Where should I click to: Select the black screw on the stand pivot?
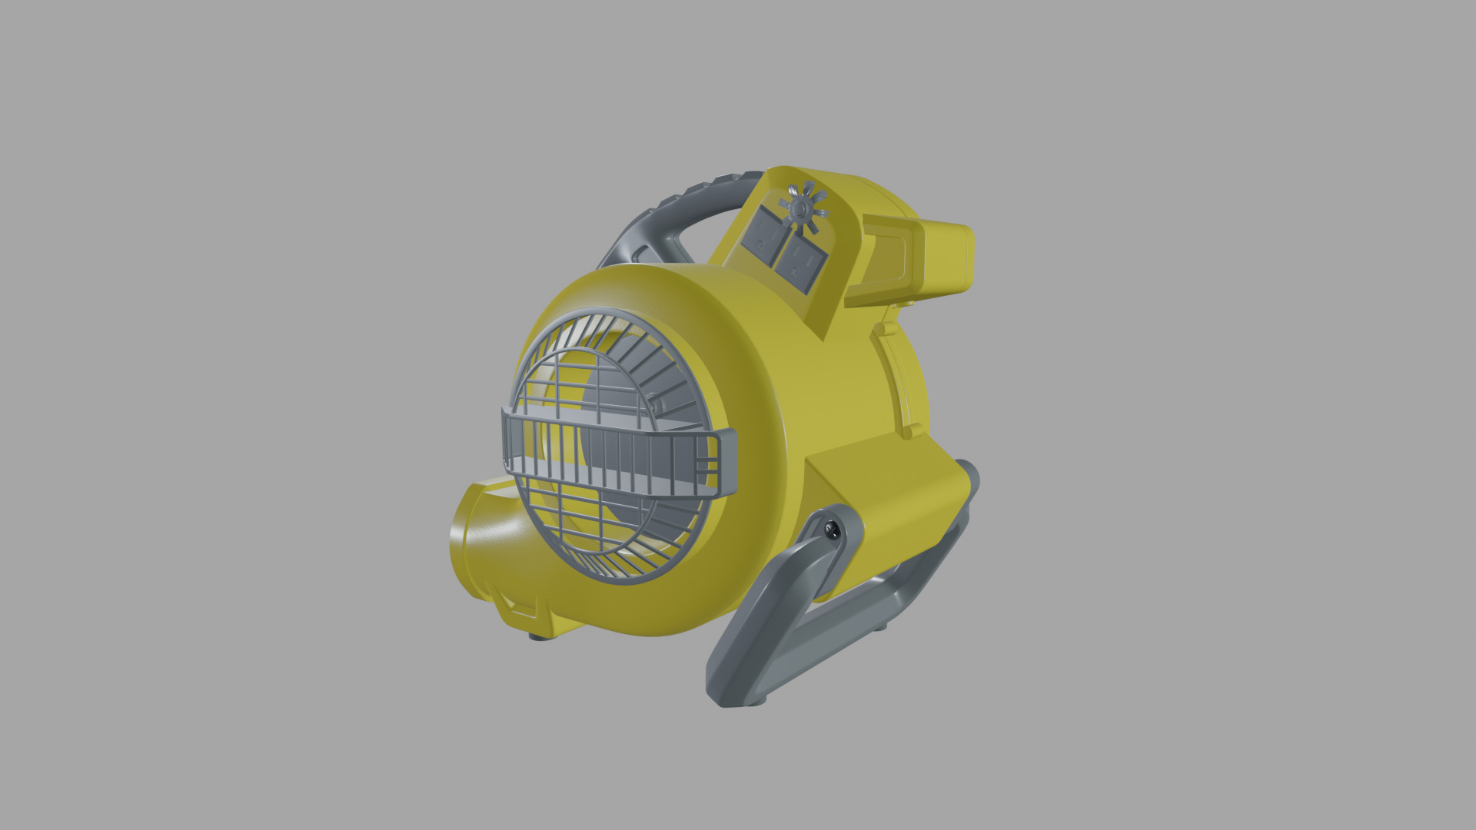click(830, 530)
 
